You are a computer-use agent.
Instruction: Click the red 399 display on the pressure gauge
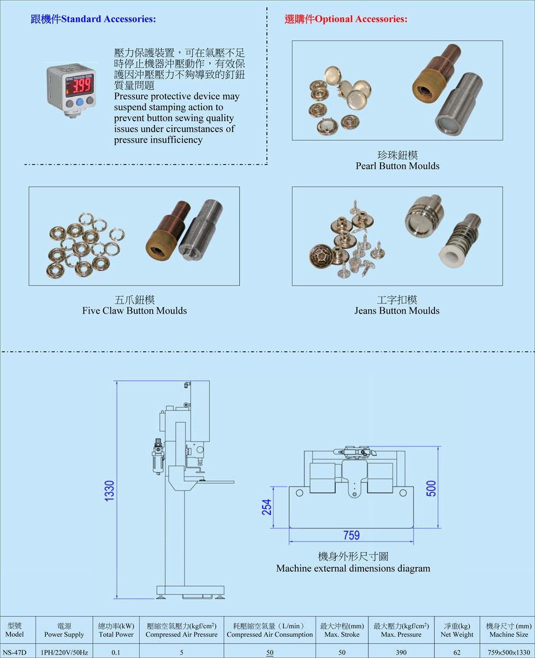(81, 85)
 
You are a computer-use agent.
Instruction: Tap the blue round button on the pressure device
(79, 102)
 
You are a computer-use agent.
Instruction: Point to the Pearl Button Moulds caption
(397, 166)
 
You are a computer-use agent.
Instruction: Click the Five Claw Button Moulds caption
(134, 311)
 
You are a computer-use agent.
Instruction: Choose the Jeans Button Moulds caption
(397, 311)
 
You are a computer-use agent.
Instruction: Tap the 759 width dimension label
(351, 535)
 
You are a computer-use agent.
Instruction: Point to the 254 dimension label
(266, 507)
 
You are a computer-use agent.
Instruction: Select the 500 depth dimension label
(431, 488)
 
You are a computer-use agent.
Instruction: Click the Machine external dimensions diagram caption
(353, 568)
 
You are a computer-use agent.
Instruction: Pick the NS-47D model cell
(14, 652)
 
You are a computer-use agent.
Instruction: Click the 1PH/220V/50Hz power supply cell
(64, 652)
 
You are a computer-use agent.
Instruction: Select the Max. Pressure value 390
(401, 652)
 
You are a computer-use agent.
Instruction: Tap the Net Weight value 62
(456, 652)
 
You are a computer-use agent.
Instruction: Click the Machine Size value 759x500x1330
(509, 652)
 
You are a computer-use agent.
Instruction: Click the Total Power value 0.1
(116, 652)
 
